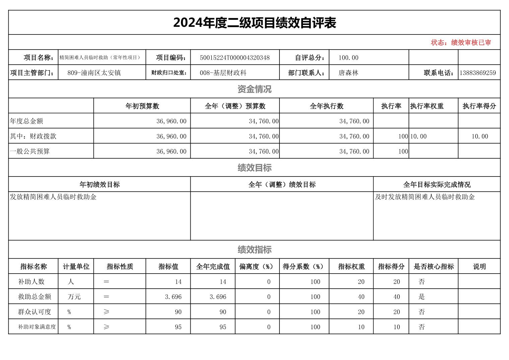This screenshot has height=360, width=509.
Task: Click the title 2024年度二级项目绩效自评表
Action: pos(254,23)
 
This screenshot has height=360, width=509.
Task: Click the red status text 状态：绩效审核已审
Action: pos(461,43)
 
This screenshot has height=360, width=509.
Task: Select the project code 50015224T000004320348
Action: pos(235,58)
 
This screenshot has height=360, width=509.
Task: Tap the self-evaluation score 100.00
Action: pos(348,58)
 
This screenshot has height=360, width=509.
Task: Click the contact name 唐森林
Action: pos(348,73)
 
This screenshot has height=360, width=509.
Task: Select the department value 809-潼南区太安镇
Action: pos(94,73)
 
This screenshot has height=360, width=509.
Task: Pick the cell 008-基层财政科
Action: pos(223,73)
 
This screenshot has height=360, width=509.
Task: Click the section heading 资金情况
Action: pos(254,89)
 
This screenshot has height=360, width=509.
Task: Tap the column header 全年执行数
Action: pos(326,106)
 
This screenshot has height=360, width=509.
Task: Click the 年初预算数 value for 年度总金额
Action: pos(171,121)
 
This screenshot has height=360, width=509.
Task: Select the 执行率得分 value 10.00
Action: pos(480,136)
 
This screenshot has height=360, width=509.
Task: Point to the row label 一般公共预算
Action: pos(30,151)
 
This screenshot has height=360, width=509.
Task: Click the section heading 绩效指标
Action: pos(254,249)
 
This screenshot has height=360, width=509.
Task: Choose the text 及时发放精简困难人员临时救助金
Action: pos(425,197)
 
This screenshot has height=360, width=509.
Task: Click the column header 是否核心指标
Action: pos(434,267)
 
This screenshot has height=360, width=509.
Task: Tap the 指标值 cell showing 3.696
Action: pos(173,297)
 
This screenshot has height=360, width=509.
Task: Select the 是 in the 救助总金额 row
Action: pos(422,297)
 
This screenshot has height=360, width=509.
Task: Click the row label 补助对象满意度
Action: pos(37,327)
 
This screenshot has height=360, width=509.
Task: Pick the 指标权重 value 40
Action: pos(361,297)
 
